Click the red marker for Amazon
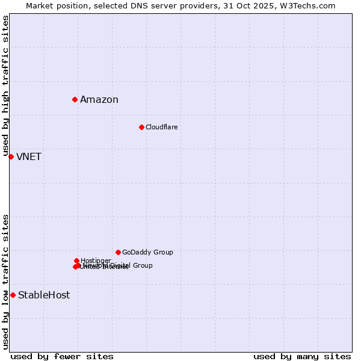[x=75, y=99]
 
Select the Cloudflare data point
[x=141, y=127]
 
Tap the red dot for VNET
[x=11, y=156]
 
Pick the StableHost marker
[x=13, y=295]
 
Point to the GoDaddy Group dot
[x=118, y=252]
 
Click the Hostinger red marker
[x=76, y=261]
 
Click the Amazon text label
[x=99, y=100]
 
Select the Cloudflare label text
[x=161, y=127]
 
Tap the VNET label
[x=29, y=157]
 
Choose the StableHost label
[x=44, y=295]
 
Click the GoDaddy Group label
[x=147, y=252]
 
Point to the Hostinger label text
[x=96, y=261]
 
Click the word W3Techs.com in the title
[x=310, y=5]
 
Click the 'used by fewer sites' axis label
[x=62, y=357]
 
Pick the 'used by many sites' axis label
[x=302, y=357]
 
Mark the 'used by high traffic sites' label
[x=5, y=86]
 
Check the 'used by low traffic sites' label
[x=5, y=282]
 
